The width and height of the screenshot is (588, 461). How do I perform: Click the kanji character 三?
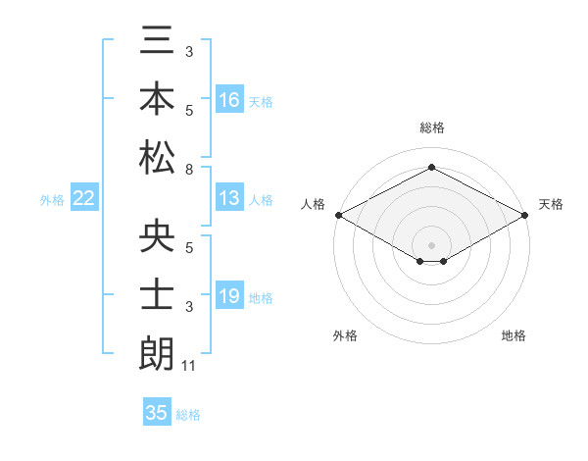[x=157, y=42]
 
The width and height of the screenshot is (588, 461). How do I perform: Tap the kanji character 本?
[x=157, y=99]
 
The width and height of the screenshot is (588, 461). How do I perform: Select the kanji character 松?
[x=157, y=157]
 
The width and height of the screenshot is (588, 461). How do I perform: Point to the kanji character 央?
[x=157, y=239]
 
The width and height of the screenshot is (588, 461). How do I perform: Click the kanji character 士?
[x=157, y=296]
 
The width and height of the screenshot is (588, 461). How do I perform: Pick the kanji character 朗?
[x=157, y=353]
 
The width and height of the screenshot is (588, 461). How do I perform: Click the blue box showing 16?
[x=229, y=100]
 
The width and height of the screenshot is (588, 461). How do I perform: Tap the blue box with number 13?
[x=229, y=198]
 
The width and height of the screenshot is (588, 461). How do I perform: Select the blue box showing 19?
[x=229, y=296]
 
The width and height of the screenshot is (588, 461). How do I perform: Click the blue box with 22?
[x=84, y=198]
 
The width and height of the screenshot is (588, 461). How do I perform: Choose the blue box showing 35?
[x=157, y=413]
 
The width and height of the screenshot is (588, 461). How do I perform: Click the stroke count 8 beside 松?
[x=188, y=170]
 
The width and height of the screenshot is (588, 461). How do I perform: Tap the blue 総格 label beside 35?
[x=188, y=415]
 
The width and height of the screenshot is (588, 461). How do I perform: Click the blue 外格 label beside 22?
[x=52, y=200]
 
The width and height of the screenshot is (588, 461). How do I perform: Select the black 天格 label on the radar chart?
[x=551, y=204]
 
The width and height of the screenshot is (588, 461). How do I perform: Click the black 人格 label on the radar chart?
[x=313, y=204]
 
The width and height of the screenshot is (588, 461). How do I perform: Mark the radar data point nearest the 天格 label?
[x=526, y=215]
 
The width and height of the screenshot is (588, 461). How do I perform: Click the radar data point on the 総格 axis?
[x=431, y=168]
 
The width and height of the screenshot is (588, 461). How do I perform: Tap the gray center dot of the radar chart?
[x=431, y=243]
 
